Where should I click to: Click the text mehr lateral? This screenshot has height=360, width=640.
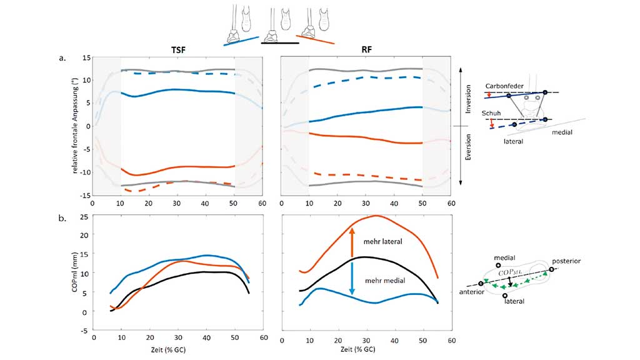point(383,241)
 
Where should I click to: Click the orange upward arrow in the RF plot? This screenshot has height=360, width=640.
point(352,241)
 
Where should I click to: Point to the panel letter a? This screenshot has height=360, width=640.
point(62,58)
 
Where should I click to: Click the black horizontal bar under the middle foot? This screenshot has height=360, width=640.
point(279,43)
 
